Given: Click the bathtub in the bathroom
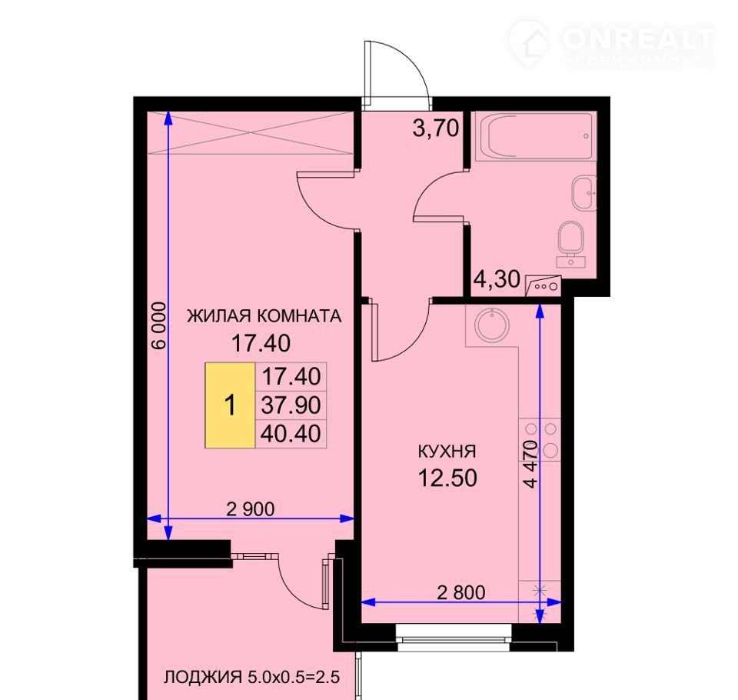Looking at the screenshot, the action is pos(536,136).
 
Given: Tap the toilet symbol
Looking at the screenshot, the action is pos(571,243).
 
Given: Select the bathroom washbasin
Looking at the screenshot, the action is pos(584,193).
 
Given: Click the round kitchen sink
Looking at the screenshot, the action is pos(492,325).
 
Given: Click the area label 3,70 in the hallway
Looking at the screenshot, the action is pos(435,128).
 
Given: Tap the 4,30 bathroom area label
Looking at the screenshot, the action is pos(497,279).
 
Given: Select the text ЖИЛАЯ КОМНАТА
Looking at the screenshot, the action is pos(264,315).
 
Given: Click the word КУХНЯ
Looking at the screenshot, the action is pos(447,452).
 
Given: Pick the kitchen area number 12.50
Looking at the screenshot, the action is pos(447,478).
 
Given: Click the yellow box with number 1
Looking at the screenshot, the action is pos(230,405).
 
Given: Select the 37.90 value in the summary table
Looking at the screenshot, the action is pos(291,405).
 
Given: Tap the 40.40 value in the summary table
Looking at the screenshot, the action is pos(291,433).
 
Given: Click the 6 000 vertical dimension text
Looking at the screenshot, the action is pos(159,325).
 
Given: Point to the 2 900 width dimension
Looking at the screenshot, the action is pos(251,508).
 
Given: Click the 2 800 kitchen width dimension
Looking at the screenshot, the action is pos(461,592).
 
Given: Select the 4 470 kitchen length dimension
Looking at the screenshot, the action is pos(530,464).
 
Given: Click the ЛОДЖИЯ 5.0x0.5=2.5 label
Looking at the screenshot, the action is pos(252,678).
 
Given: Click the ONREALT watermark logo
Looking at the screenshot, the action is pos(612,43).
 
